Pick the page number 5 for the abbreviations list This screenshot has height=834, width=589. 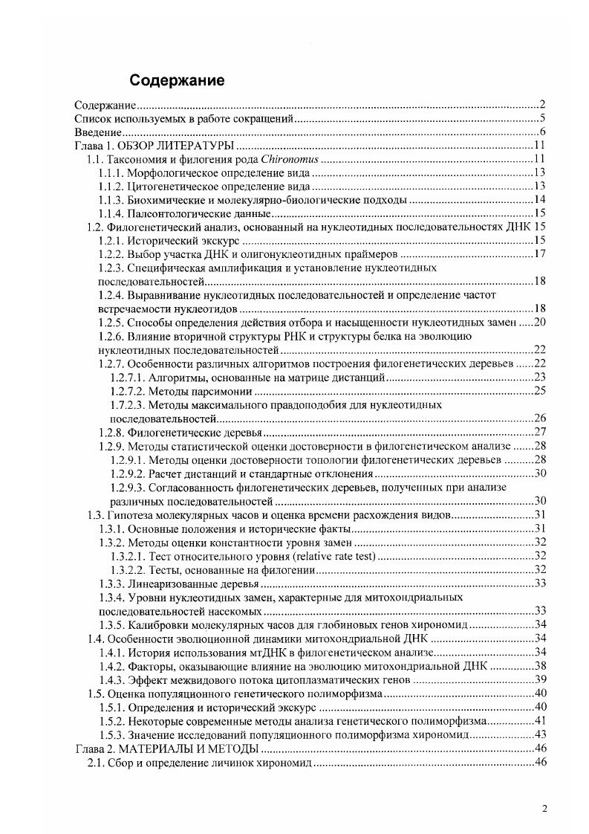point(544,118)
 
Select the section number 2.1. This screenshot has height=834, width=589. point(97,763)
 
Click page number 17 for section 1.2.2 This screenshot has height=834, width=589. point(540,254)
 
